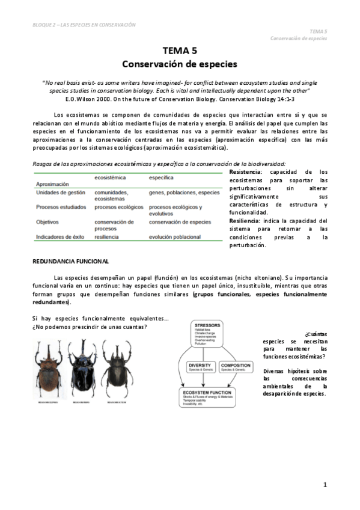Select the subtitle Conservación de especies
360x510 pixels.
pos(180,63)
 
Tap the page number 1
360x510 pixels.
pos(325,484)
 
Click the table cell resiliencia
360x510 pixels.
pos(106,237)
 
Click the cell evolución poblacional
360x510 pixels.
pos(175,237)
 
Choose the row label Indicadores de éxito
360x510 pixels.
pos(61,237)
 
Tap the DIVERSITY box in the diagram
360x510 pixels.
pos(199,367)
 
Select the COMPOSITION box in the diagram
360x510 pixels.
pos(235,367)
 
